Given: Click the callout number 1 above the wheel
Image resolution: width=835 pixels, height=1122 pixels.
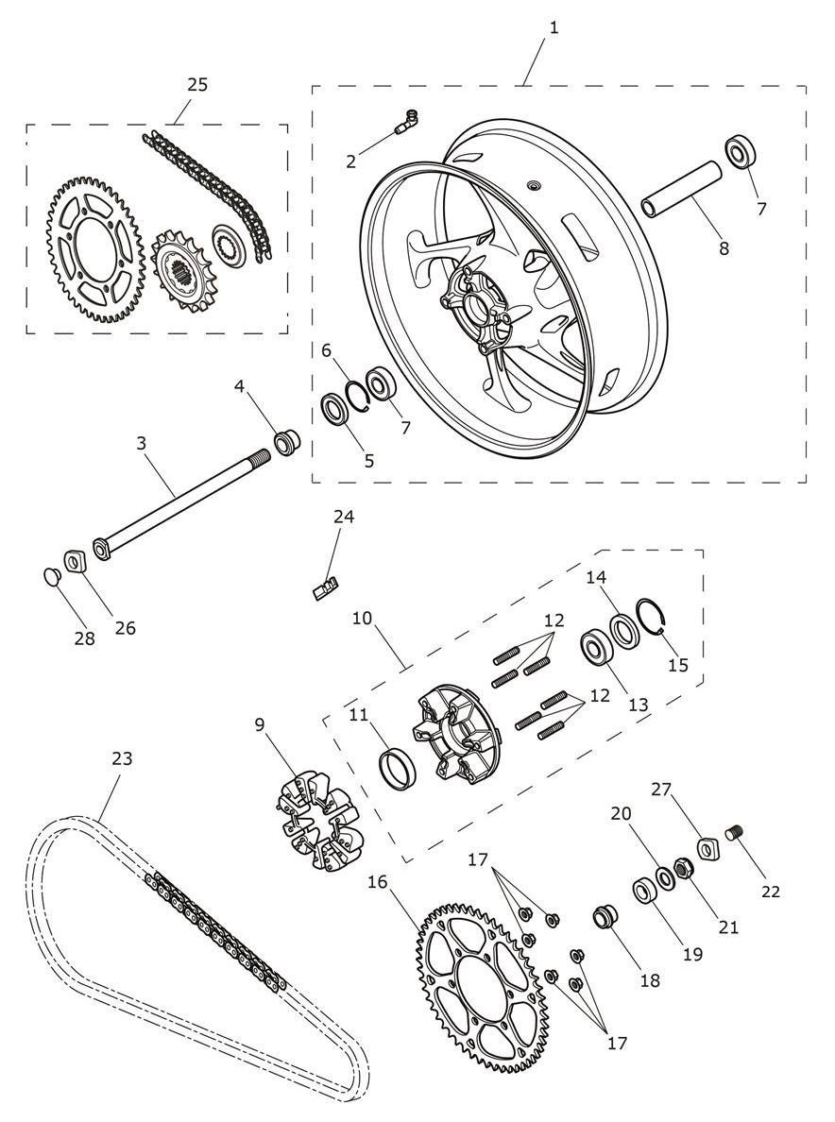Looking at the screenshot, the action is pyautogui.click(x=554, y=28).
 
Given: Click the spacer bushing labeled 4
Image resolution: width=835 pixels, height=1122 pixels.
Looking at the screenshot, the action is pyautogui.click(x=287, y=440).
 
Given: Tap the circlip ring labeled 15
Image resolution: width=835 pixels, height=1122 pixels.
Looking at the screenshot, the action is pyautogui.click(x=656, y=613).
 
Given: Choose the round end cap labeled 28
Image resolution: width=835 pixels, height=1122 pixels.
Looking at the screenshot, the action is pyautogui.click(x=50, y=575).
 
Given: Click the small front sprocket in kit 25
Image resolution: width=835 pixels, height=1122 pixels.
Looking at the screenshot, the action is pyautogui.click(x=177, y=269).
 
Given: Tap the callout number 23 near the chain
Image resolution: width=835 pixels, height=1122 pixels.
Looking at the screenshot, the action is pyautogui.click(x=123, y=757).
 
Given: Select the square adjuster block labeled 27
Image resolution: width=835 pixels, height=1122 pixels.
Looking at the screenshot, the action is pyautogui.click(x=708, y=849).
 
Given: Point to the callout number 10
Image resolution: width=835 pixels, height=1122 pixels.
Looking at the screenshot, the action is pyautogui.click(x=362, y=617).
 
